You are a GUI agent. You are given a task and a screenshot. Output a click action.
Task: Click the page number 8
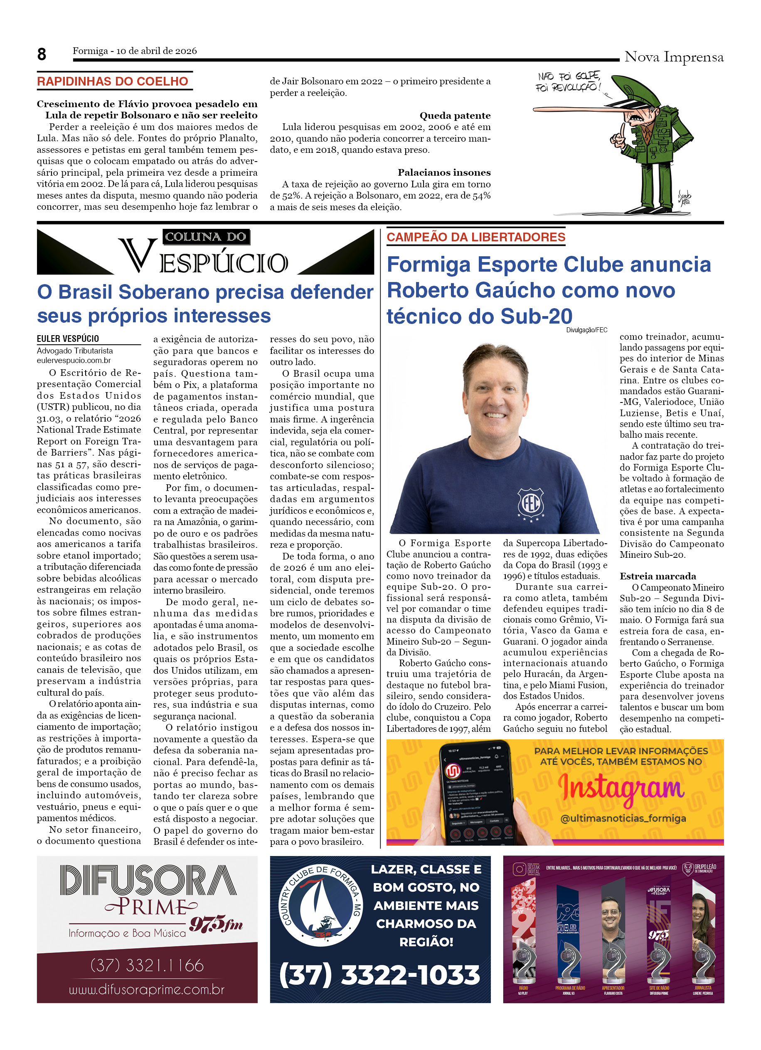pos(42,54)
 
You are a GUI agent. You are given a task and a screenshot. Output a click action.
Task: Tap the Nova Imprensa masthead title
pos(673,56)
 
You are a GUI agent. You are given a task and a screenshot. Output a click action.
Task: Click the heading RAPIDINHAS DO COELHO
pos(113,81)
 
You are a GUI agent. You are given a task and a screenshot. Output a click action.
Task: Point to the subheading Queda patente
pos(455,115)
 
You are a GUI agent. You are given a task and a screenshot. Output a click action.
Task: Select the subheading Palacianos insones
pos(444,172)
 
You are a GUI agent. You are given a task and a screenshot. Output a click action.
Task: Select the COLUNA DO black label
pos(206,237)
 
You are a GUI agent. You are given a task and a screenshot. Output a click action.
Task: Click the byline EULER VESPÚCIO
pos(68,339)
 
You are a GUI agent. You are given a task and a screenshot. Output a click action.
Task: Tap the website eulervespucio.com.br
pos(74,360)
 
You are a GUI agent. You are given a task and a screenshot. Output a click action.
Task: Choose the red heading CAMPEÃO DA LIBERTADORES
pos(476,237)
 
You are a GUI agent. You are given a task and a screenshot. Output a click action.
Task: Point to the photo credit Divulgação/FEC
pos(586,330)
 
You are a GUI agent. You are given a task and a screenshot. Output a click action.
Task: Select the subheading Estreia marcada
pos(658,576)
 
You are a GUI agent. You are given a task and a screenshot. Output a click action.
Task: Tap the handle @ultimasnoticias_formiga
pos(623,818)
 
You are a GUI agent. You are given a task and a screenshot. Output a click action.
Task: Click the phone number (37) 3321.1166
pos(147,965)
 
